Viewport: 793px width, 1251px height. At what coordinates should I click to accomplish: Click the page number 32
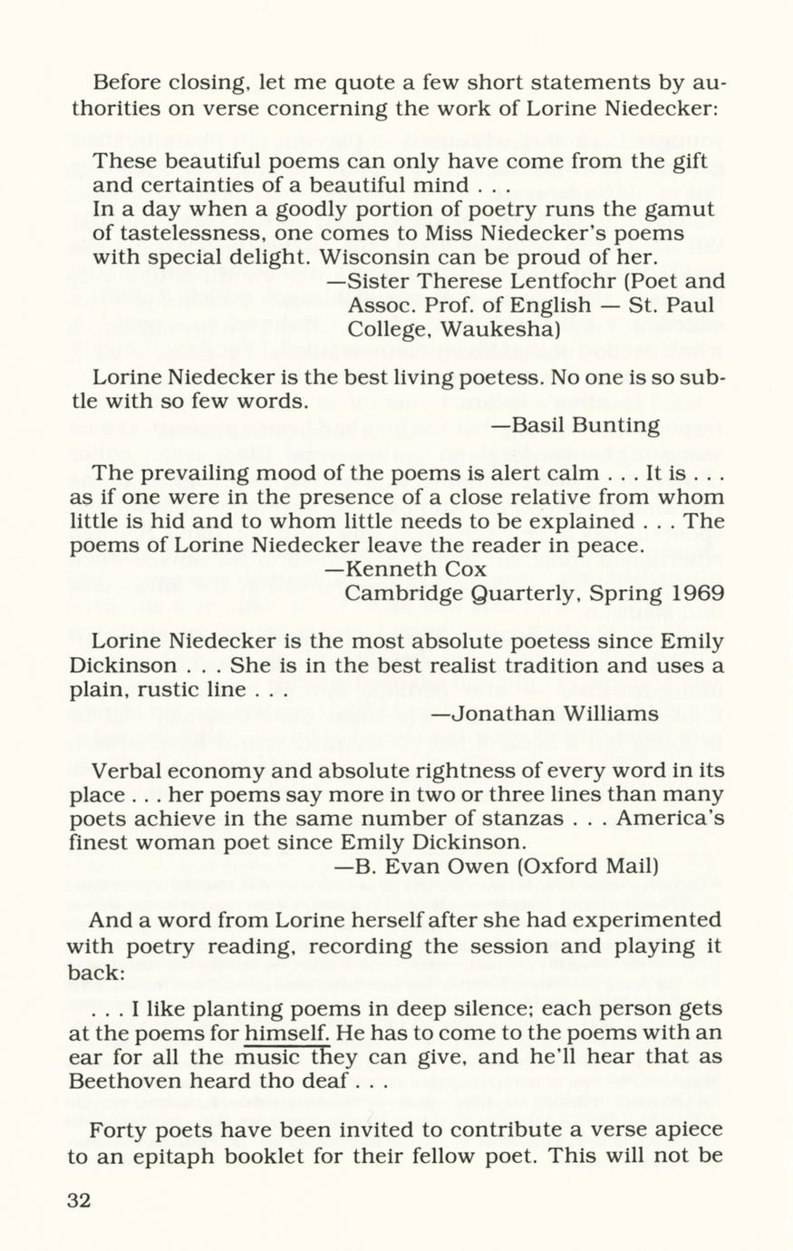point(80,1200)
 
